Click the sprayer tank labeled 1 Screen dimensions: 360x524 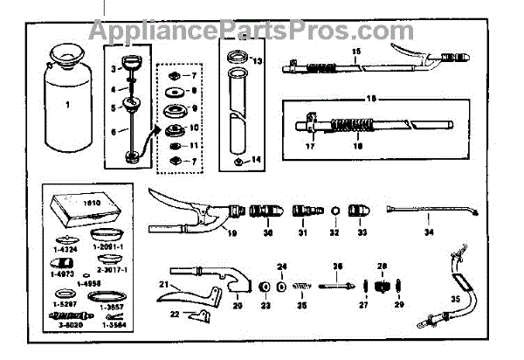click(x=59, y=106)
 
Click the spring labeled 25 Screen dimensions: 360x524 click(x=303, y=286)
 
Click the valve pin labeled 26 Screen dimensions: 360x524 click(x=337, y=284)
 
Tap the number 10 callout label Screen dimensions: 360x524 click(x=195, y=128)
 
